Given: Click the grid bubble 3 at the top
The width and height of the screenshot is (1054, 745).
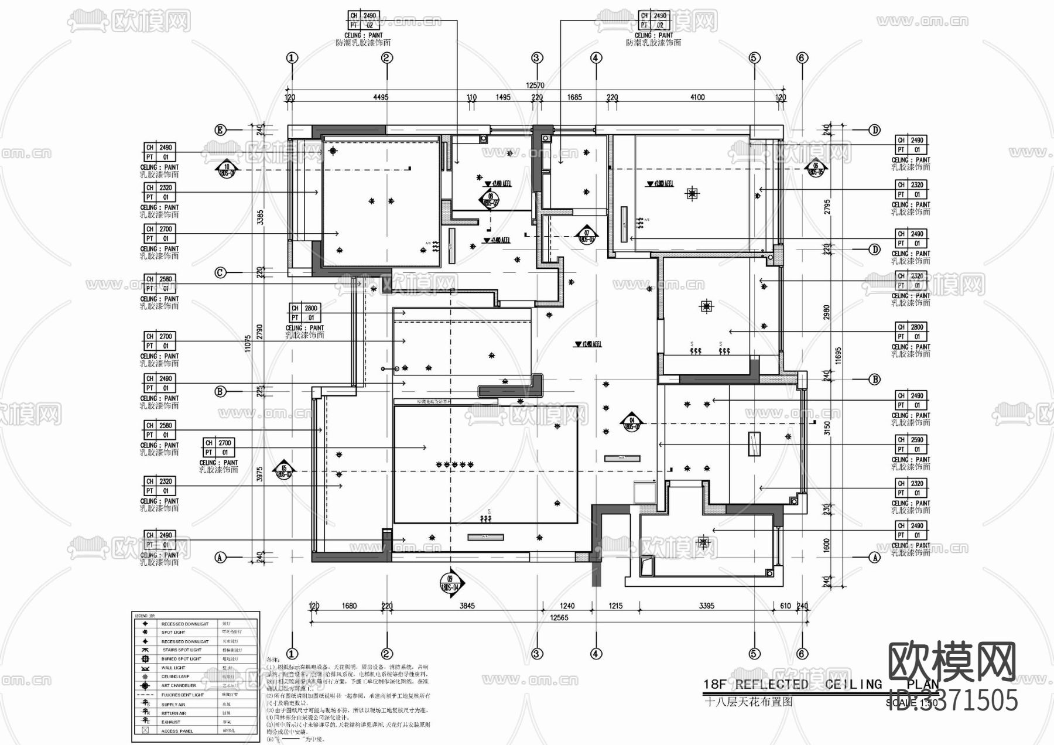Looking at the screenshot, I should click(x=537, y=58).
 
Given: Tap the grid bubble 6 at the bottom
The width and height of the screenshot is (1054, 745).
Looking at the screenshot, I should click(x=802, y=654).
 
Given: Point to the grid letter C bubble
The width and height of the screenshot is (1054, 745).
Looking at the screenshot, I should click(x=220, y=272).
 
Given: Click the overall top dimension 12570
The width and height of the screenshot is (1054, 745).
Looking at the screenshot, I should click(x=535, y=86).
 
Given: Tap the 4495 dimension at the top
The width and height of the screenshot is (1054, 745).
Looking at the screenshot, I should click(x=381, y=97).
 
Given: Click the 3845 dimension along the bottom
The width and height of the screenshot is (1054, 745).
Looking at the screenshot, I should click(x=467, y=606).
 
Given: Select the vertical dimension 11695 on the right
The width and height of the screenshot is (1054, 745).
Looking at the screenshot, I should click(x=839, y=356).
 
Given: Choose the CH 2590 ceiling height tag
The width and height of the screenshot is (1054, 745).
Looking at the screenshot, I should click(x=912, y=440).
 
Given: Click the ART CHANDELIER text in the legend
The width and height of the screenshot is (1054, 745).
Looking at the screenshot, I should click(x=179, y=685).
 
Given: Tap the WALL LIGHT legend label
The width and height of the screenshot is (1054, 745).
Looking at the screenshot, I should click(x=173, y=668).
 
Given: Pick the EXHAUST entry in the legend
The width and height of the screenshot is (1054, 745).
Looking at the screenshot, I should click(x=171, y=722).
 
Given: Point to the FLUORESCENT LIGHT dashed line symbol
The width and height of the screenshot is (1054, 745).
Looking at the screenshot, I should click(x=145, y=695).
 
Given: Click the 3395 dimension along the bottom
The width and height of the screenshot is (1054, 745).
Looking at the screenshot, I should click(x=706, y=606).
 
